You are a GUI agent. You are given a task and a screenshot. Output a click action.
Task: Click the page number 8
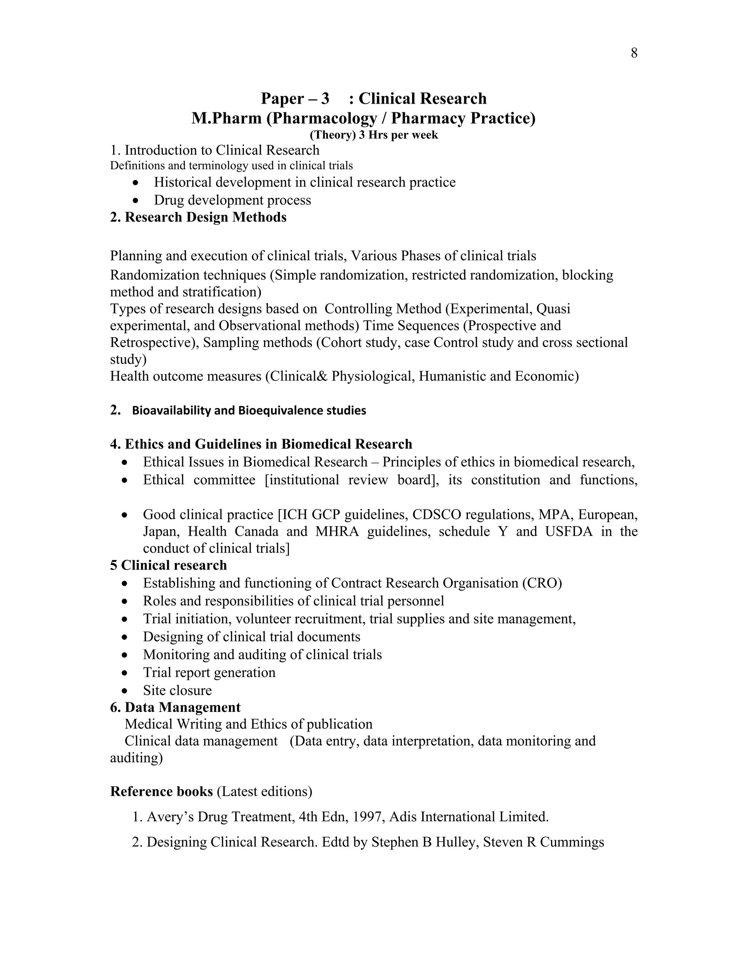pos(634,53)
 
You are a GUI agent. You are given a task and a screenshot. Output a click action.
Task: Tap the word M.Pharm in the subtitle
pos(226,118)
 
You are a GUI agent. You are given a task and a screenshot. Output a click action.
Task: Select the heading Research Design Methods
pos(206,217)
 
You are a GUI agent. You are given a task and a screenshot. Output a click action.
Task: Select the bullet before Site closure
pos(125,691)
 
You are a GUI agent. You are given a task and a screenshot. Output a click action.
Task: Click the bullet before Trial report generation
pos(125,673)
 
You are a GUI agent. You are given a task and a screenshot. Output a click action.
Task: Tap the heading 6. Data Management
pos(175,708)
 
